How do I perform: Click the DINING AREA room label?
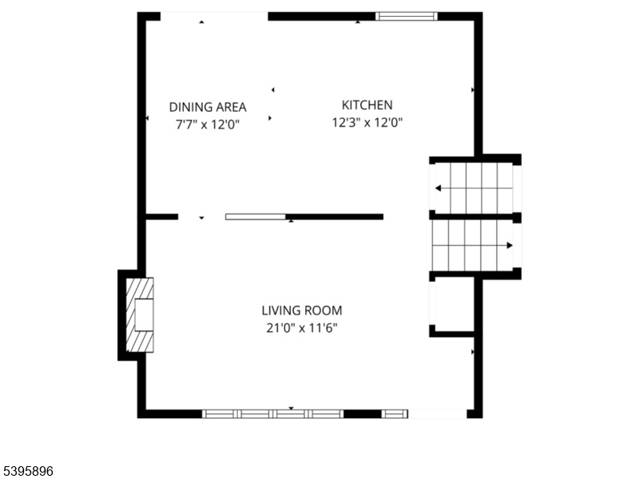click(x=208, y=107)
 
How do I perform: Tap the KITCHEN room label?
click(x=367, y=105)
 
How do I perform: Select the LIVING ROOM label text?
click(x=302, y=311)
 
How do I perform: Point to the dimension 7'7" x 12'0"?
click(x=208, y=125)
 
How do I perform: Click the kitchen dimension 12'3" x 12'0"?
click(x=367, y=122)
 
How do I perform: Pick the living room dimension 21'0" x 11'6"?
click(x=302, y=328)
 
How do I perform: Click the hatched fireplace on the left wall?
click(x=140, y=315)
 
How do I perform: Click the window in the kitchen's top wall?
click(x=407, y=16)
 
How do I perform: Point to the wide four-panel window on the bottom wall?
click(x=273, y=414)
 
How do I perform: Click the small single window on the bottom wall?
click(x=395, y=414)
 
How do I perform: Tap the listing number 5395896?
click(x=26, y=471)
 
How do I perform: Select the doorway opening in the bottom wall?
click(x=437, y=414)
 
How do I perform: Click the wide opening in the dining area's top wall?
click(x=214, y=16)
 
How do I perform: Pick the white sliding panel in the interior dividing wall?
click(x=256, y=216)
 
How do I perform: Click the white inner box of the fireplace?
click(x=144, y=315)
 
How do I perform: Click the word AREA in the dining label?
click(x=231, y=107)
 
